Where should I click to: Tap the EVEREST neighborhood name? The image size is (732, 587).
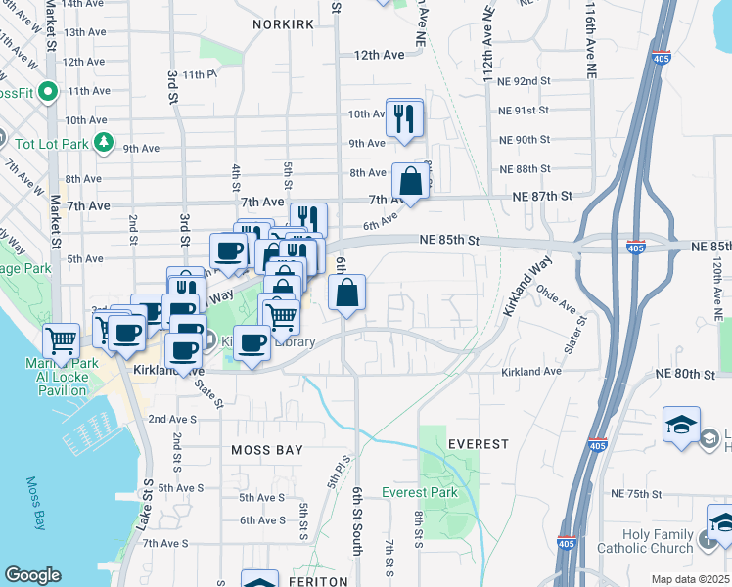pyautogui.click(x=479, y=444)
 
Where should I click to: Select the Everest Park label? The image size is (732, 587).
pyautogui.click(x=420, y=493)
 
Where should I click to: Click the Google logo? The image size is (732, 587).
pyautogui.click(x=32, y=575)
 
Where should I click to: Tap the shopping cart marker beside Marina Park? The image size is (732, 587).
pyautogui.click(x=62, y=340)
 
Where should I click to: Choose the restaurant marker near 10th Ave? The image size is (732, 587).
pyautogui.click(x=404, y=118)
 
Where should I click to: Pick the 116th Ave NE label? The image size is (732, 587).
pyautogui.click(x=590, y=39)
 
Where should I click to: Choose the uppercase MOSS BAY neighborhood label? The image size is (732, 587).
pyautogui.click(x=267, y=450)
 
